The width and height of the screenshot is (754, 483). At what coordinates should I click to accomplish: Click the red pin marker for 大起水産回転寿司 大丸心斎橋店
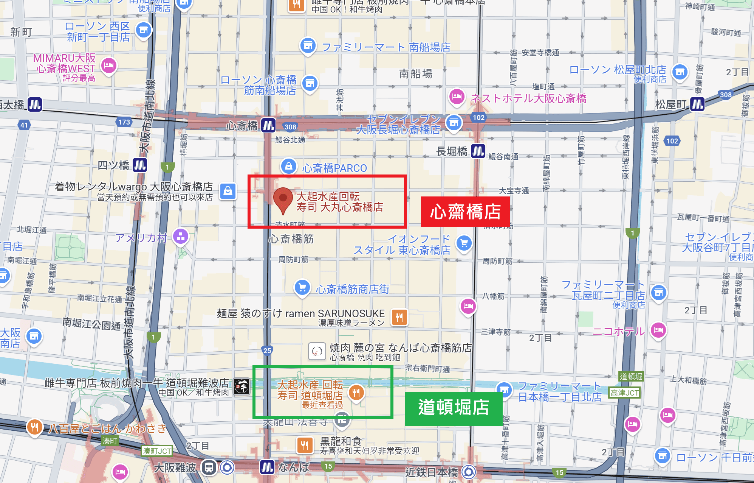click(x=283, y=198)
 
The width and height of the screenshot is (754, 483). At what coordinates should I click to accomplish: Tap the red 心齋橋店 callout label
click(x=465, y=212)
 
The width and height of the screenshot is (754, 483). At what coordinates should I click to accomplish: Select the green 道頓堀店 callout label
click(x=454, y=408)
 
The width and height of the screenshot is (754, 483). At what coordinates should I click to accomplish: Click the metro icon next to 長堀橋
click(x=478, y=151)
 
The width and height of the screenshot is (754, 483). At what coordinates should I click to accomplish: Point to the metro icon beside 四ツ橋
click(x=140, y=165)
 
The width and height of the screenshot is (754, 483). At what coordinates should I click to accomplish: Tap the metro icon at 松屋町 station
click(x=697, y=104)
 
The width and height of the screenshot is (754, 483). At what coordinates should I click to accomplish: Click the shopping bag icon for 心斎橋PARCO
click(x=288, y=166)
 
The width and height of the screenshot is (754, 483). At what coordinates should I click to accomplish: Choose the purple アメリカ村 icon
click(x=181, y=237)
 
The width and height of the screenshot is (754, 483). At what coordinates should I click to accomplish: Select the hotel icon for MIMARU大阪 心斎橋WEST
click(x=109, y=66)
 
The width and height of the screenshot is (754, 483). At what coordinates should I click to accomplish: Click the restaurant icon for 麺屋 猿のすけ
click(x=399, y=317)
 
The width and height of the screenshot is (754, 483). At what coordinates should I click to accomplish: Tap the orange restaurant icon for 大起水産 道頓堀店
click(x=356, y=393)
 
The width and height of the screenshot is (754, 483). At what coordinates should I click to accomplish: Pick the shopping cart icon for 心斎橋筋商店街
click(x=302, y=287)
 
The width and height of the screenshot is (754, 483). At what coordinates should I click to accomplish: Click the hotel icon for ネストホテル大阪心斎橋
click(x=457, y=97)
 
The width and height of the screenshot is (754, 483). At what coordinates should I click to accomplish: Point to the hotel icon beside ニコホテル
click(x=658, y=330)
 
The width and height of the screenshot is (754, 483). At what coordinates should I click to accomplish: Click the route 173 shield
click(x=124, y=122)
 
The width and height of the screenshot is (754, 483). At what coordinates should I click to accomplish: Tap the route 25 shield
click(x=267, y=351)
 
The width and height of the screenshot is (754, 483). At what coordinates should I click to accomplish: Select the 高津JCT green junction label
click(x=624, y=393)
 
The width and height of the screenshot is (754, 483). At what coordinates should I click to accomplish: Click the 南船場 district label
click(x=415, y=74)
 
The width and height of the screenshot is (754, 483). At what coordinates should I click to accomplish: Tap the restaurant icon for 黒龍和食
click(x=305, y=445)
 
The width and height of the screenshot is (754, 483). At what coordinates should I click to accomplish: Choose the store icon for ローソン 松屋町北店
click(x=680, y=71)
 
